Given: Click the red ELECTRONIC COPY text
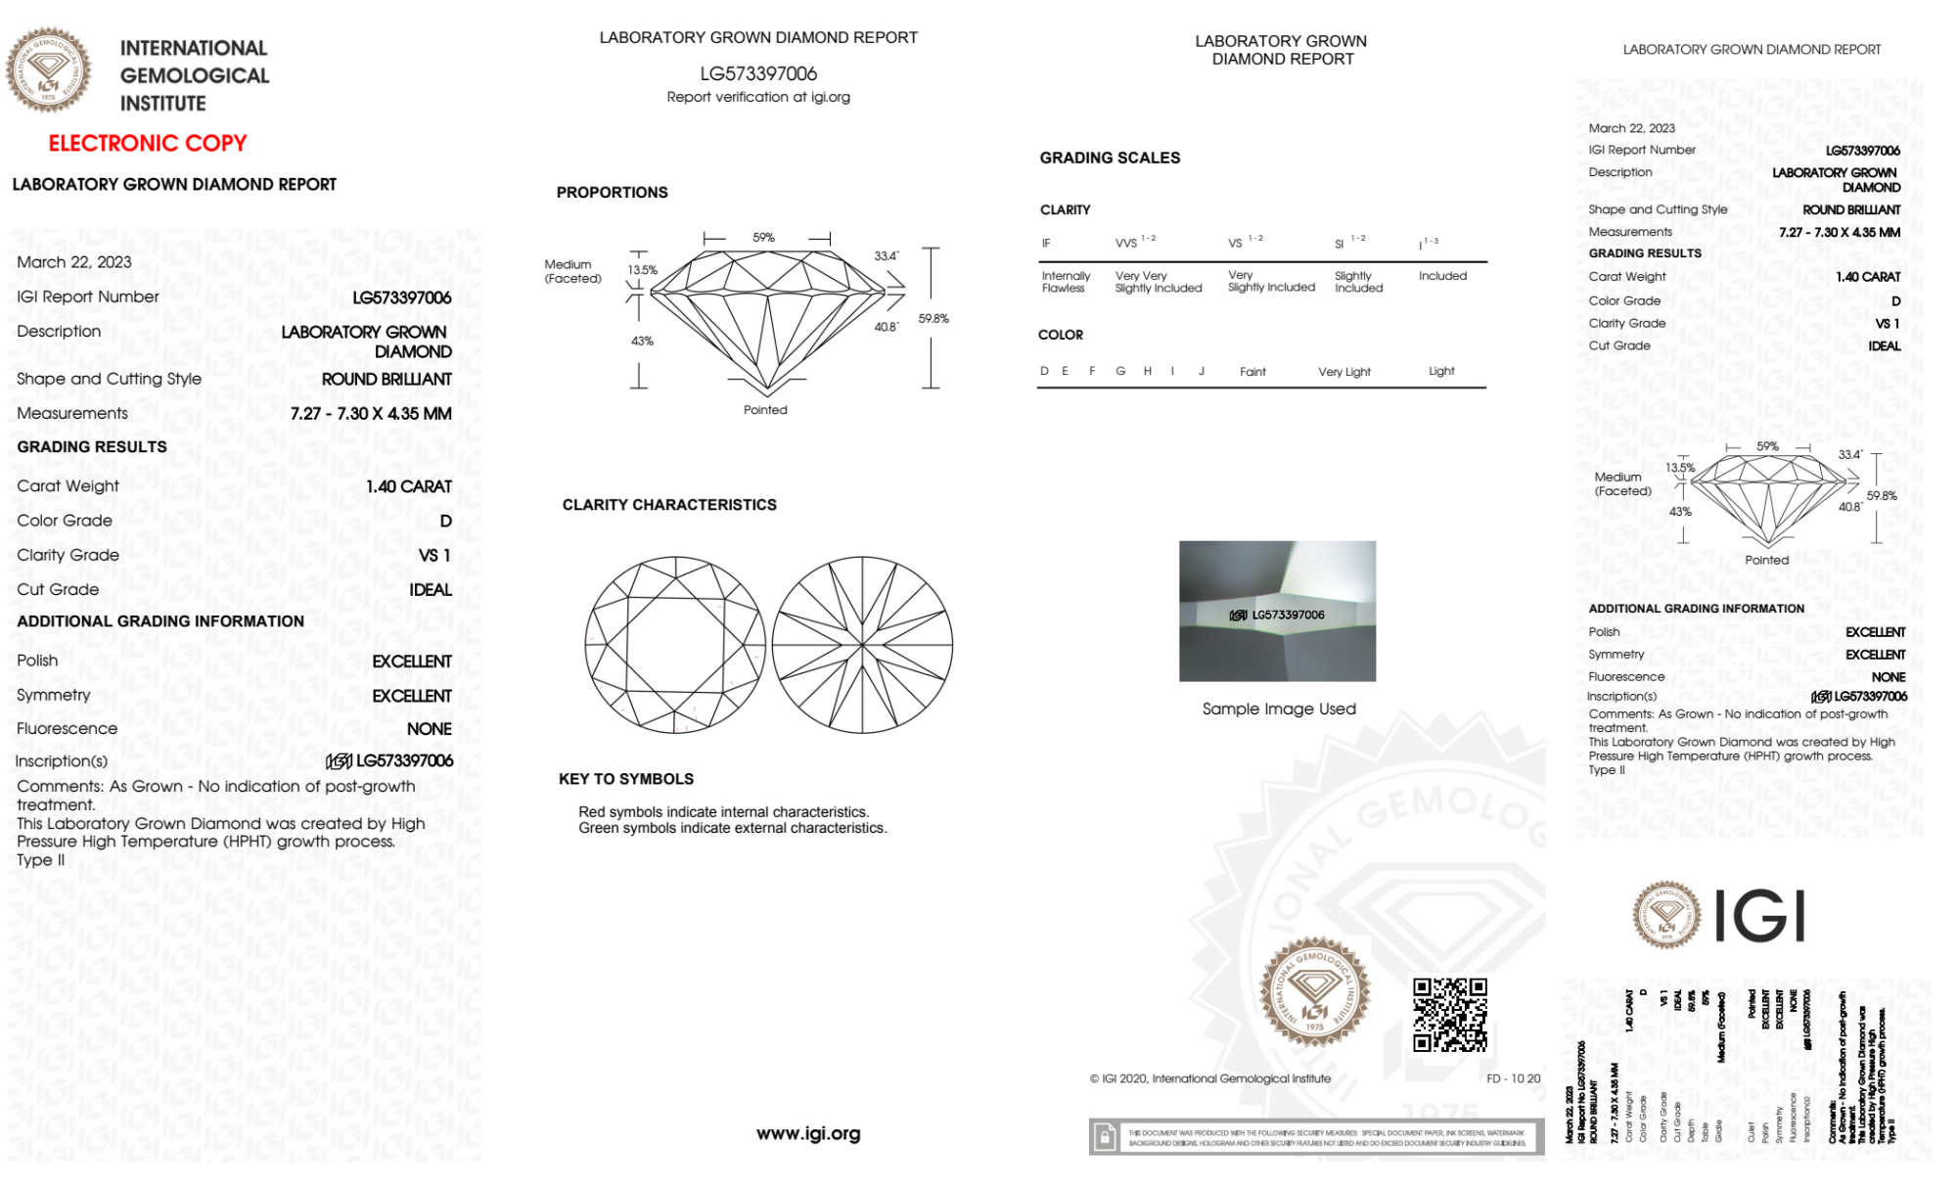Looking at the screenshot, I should [148, 143].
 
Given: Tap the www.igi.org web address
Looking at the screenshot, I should [808, 1133].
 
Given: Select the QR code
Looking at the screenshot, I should [1449, 1014].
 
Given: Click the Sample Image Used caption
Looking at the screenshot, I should [1279, 709].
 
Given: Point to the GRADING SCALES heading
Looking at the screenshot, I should [1110, 158].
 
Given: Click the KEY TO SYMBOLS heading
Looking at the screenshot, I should [626, 779].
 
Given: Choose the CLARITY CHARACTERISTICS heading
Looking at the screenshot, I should [669, 505].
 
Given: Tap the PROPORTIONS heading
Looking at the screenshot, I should [612, 193].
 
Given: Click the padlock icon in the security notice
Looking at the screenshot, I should [1105, 1137].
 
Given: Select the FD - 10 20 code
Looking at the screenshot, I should [1513, 1078].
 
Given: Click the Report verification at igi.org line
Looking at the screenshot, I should [758, 97].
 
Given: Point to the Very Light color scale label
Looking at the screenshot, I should [1343, 372].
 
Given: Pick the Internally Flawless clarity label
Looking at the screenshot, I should [1066, 282].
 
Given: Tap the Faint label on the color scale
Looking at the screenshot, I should [1252, 372].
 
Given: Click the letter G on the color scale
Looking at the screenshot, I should [1120, 371].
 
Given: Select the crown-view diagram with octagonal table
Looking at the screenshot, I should [675, 645].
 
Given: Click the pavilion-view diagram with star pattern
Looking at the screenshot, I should [862, 645].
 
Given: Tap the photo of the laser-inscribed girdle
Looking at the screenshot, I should [1277, 611].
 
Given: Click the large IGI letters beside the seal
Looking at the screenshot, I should [1760, 916].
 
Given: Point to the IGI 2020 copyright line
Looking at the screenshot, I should [1210, 1078].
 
